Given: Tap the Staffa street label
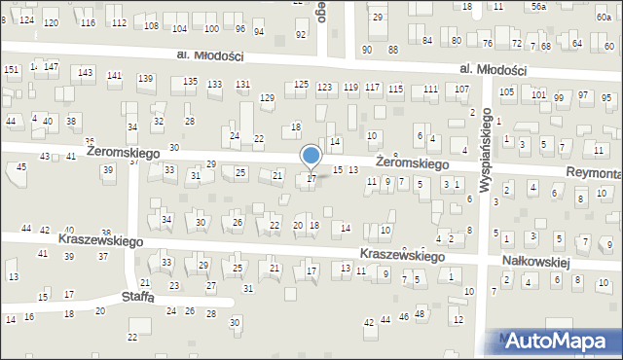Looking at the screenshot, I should pos(137,297).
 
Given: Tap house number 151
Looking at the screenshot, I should pos(11,70).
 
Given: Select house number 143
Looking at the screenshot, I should pos(86,73).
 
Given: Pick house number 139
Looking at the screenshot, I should pos(145,78).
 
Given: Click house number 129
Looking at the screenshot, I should pos(267,97).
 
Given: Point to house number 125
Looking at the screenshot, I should pos(302,86).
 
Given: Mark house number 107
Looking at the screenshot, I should pos(462,89).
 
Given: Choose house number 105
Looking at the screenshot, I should pos(506,92).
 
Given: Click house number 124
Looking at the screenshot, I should pos(26,20).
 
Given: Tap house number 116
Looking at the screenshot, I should pos(88,22).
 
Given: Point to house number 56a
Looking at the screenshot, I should pos(538,6).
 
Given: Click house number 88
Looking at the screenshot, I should pos(393,49).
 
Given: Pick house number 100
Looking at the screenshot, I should pos(211,29).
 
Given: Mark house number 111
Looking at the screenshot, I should pos(430,89).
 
